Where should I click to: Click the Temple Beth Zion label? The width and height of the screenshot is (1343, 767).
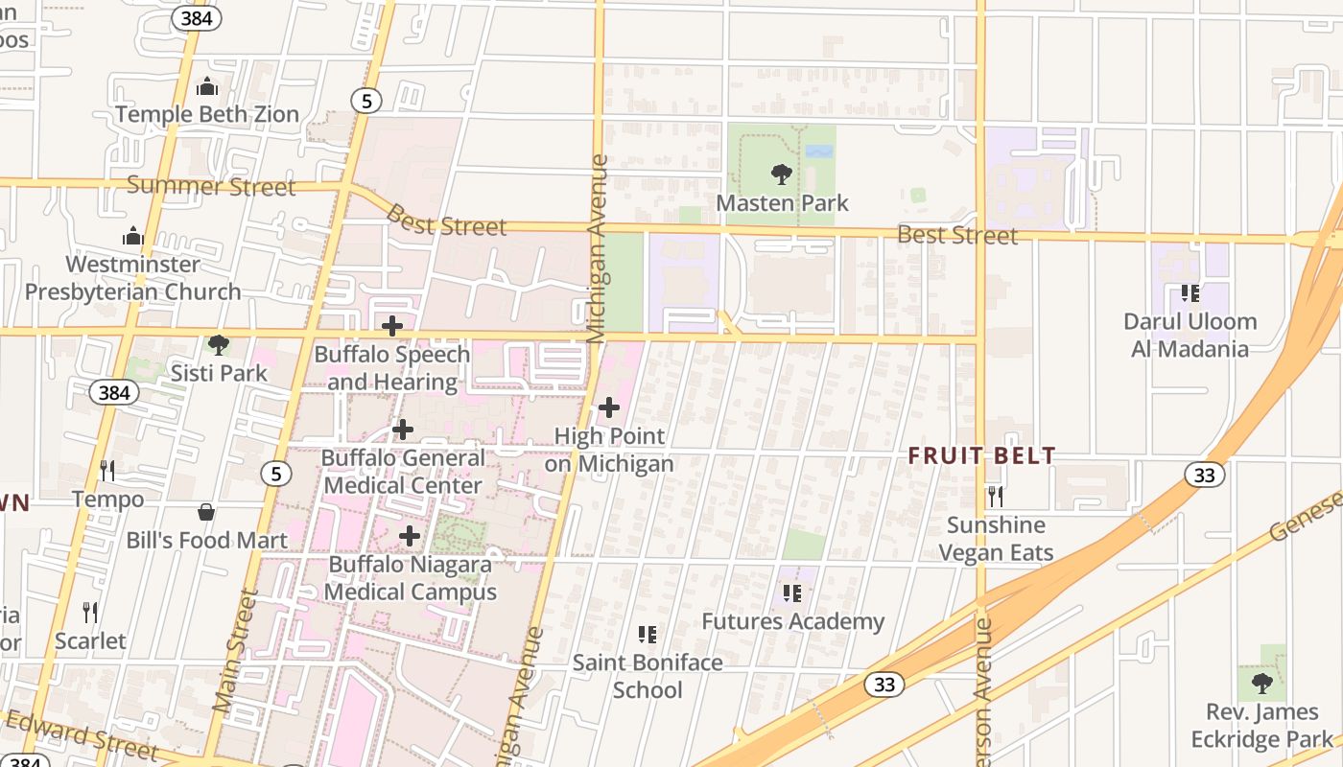(207, 114)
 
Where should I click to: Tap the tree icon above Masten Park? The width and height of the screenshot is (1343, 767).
(782, 174)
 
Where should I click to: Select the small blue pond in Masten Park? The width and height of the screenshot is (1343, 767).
(818, 151)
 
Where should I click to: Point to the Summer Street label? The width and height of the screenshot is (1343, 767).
(211, 185)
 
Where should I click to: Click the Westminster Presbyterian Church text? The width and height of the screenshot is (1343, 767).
(133, 278)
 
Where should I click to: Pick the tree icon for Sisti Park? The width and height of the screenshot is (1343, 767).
(219, 344)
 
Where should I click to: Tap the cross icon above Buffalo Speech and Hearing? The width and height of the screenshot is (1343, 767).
(391, 326)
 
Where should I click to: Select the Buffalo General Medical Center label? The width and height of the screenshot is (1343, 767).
(403, 472)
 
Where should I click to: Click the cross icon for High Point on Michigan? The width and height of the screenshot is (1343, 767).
(608, 408)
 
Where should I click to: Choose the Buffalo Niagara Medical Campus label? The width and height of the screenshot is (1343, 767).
(410, 578)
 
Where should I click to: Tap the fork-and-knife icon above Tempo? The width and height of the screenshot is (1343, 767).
(107, 471)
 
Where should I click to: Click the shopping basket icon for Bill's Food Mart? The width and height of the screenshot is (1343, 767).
(206, 512)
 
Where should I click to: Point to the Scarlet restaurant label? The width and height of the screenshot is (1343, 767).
(90, 640)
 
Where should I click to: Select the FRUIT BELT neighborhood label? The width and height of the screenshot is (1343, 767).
(982, 456)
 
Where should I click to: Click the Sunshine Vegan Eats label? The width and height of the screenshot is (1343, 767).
(996, 539)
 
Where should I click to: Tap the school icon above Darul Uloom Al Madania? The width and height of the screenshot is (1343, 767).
(1190, 292)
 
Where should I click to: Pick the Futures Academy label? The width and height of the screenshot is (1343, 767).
(792, 621)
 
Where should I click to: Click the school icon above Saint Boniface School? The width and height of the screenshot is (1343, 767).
(648, 634)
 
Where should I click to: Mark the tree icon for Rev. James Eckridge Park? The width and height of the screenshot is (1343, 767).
(1261, 683)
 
